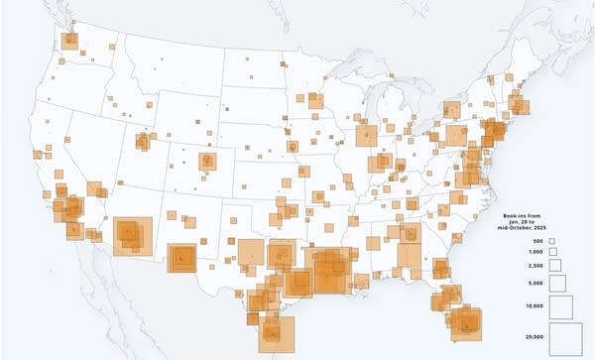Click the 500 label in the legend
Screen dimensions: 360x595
pos(537,242)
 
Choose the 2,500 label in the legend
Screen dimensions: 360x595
pos(536,265)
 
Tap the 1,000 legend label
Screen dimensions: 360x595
pos(536,252)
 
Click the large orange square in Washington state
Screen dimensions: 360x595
pos(69,41)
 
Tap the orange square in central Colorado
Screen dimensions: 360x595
pos(207,161)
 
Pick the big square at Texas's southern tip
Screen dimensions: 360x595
pos(277,332)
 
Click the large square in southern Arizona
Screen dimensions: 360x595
pos(131,236)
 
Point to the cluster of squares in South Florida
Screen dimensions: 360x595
pos(464,319)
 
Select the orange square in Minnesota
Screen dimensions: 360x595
pos(313,99)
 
